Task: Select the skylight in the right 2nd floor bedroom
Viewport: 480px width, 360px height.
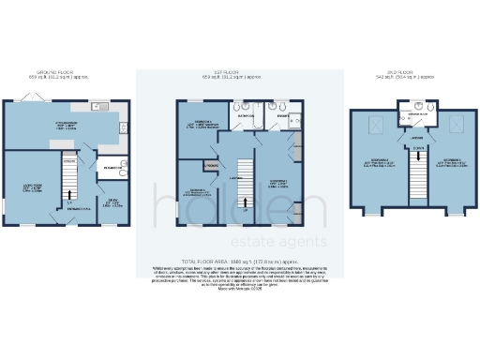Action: coord(458,123)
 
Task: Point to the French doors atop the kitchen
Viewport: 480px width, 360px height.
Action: coord(48,97)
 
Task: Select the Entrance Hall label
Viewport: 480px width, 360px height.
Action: coord(74,220)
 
